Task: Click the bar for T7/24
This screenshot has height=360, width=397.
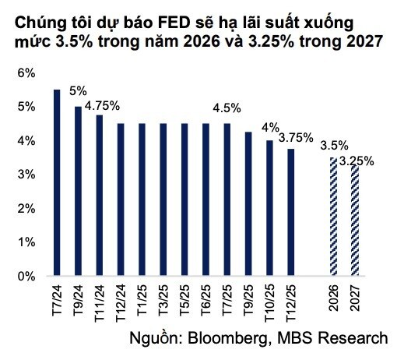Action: [x=57, y=182]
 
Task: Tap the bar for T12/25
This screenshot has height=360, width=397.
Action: [x=291, y=212]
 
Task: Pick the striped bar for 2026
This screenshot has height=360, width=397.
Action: [x=334, y=217]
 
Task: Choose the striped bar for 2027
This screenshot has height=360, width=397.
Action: [x=355, y=221]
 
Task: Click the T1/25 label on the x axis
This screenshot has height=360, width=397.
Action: [x=142, y=300]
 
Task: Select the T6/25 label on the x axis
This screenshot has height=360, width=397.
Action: [x=206, y=300]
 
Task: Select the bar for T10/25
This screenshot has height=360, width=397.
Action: [x=269, y=208]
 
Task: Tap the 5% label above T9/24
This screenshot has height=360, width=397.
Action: [x=79, y=90]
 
